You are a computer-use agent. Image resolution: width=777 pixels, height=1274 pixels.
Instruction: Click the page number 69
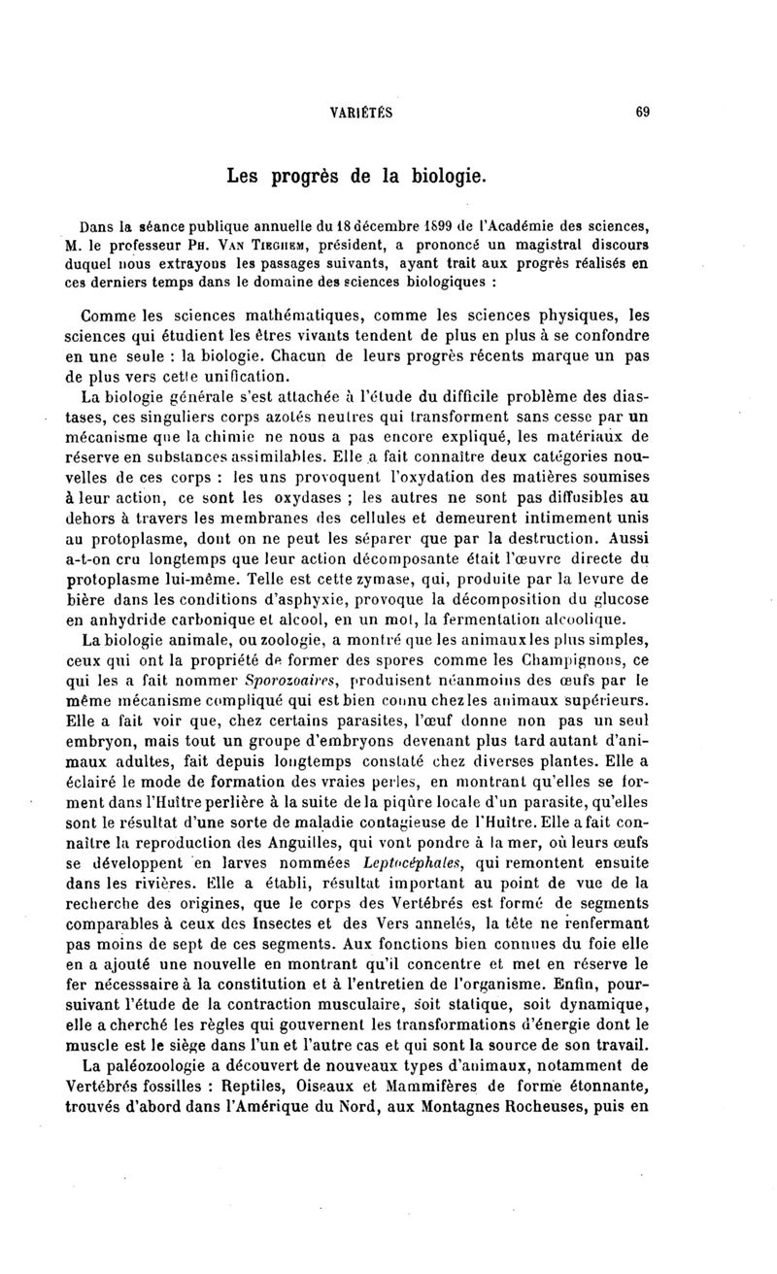click(642, 112)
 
